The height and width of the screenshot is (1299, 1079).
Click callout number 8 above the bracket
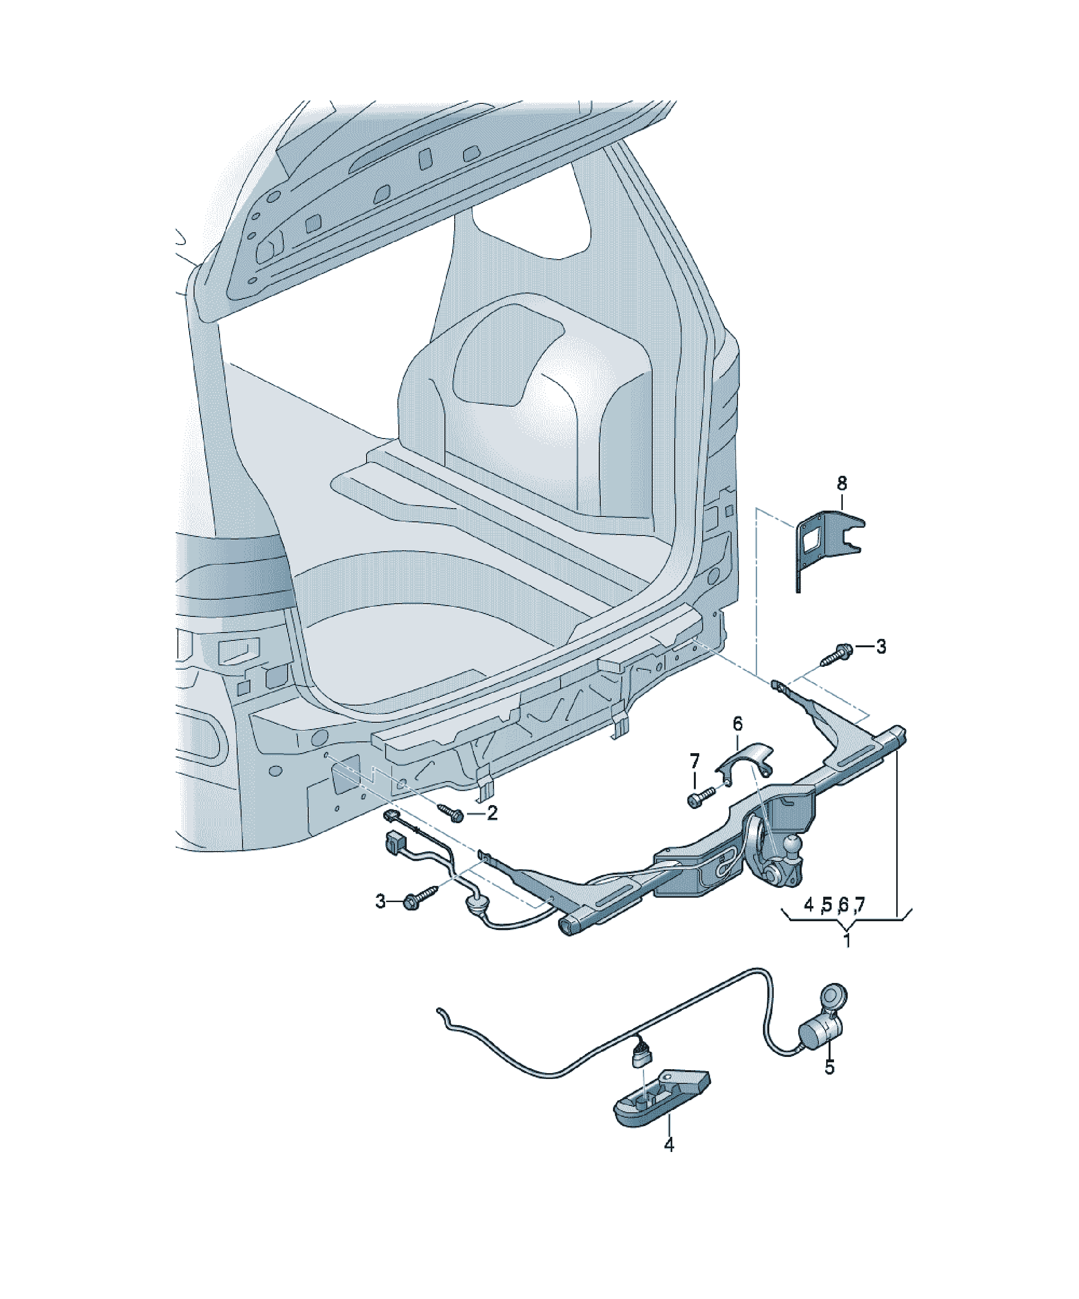click(841, 483)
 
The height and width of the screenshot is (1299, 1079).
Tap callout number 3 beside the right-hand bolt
click(881, 646)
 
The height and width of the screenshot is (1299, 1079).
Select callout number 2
click(492, 813)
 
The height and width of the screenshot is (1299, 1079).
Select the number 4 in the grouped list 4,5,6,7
click(809, 905)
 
